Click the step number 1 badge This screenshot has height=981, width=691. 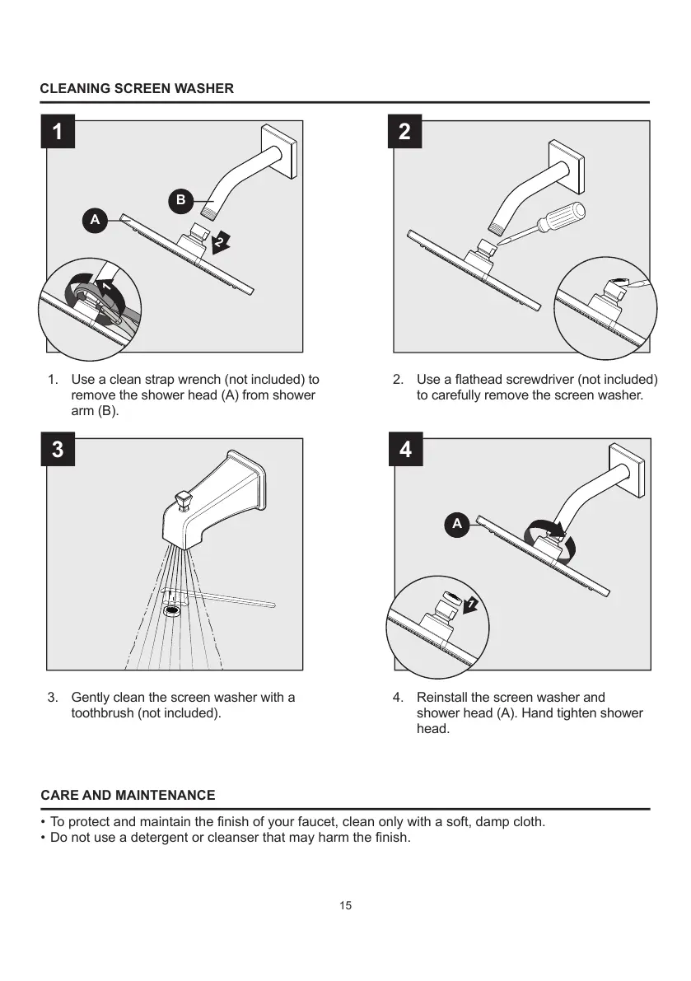[x=57, y=132]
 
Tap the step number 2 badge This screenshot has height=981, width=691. [x=404, y=132]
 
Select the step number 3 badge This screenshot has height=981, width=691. [x=57, y=449]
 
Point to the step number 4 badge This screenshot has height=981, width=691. [x=404, y=450]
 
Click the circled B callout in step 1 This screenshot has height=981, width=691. [x=180, y=200]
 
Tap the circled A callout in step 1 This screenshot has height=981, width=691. [x=95, y=220]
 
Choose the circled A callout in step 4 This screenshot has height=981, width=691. [x=456, y=523]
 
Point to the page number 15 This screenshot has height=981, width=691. [x=345, y=906]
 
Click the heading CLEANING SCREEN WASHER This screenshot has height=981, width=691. [x=137, y=88]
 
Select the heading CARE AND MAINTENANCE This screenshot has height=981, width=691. [x=128, y=795]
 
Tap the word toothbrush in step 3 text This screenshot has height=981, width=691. [x=103, y=712]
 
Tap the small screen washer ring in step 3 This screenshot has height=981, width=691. [x=172, y=612]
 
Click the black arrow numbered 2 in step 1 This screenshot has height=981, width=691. [x=221, y=242]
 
